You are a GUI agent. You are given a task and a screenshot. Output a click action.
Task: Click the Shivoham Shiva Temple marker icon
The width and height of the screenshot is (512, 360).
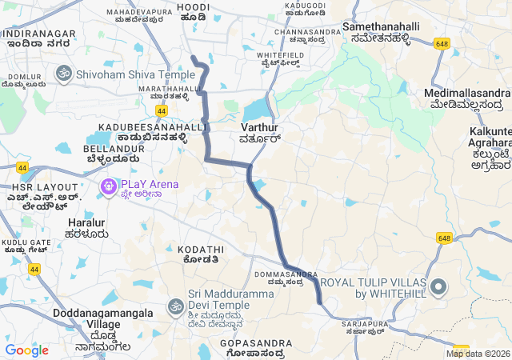point(62,74)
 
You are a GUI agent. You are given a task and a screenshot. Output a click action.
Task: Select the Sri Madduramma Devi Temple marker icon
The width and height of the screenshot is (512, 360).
point(175,306)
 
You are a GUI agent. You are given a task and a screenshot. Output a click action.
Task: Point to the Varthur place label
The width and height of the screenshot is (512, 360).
point(259,128)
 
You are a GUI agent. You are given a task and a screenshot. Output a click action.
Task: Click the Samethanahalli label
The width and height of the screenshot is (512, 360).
point(382,27)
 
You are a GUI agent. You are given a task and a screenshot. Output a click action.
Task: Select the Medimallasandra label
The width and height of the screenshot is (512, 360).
point(466,94)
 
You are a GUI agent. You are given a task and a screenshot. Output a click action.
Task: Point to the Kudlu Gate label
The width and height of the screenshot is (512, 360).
point(25,242)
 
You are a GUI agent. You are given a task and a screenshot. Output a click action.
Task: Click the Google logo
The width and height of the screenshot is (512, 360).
point(26,350)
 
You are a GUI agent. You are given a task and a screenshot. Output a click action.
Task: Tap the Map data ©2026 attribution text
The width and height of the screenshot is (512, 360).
point(478,354)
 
